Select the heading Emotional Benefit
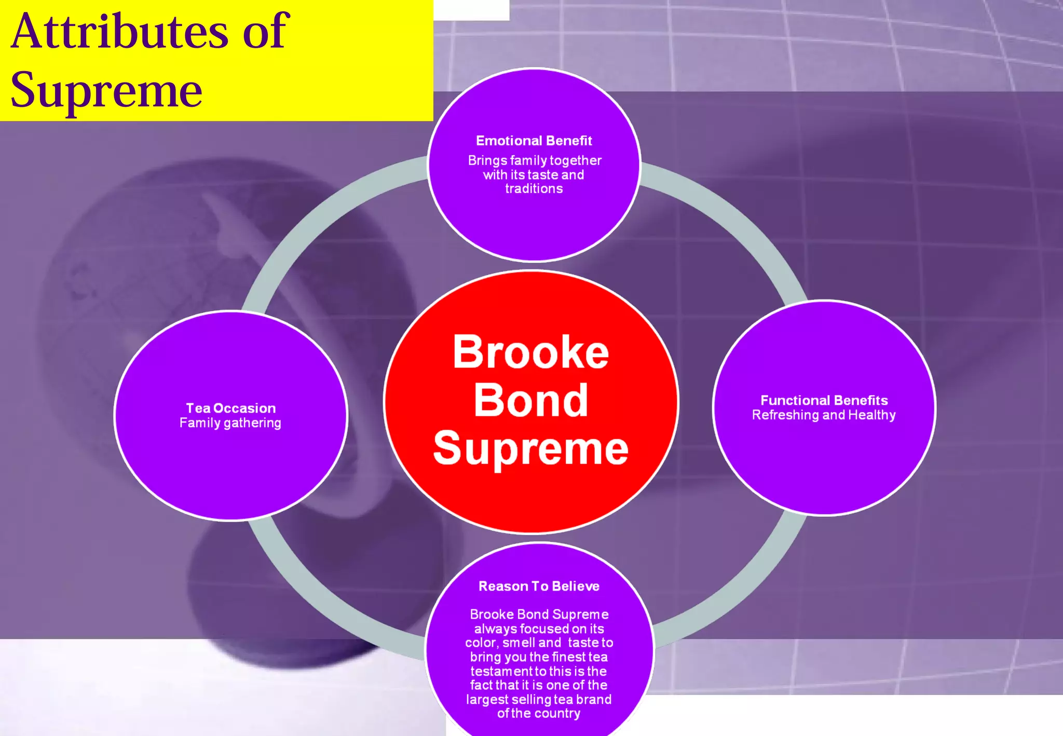click(x=534, y=141)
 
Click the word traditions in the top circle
click(x=534, y=188)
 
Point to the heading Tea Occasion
click(x=231, y=408)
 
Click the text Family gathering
click(x=230, y=423)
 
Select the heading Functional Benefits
click(x=824, y=400)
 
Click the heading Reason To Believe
click(x=539, y=586)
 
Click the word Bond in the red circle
click(x=530, y=401)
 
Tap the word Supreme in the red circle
click(x=530, y=448)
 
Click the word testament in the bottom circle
click(x=501, y=671)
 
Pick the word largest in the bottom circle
click(x=486, y=699)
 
